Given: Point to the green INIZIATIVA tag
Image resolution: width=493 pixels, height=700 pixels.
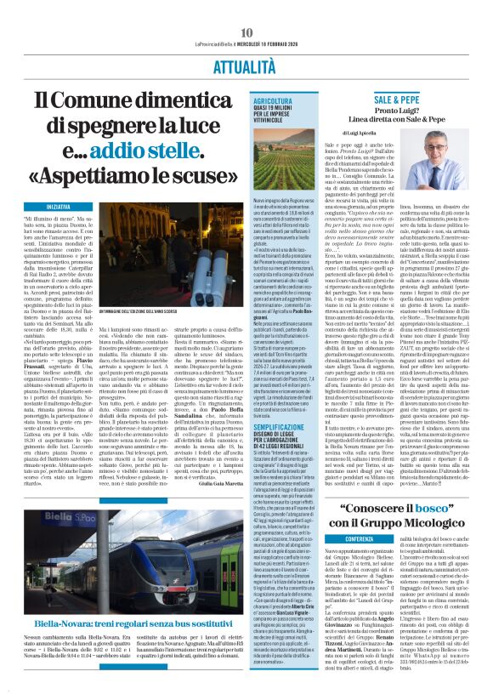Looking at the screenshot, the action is click(59, 207).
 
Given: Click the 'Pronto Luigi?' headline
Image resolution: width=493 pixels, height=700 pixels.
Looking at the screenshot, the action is click(397, 112).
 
